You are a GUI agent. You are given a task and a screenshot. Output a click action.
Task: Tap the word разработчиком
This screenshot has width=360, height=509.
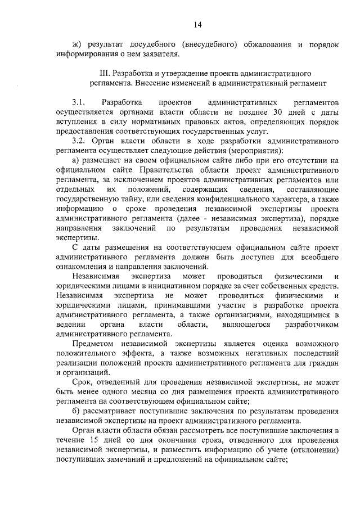312,325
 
